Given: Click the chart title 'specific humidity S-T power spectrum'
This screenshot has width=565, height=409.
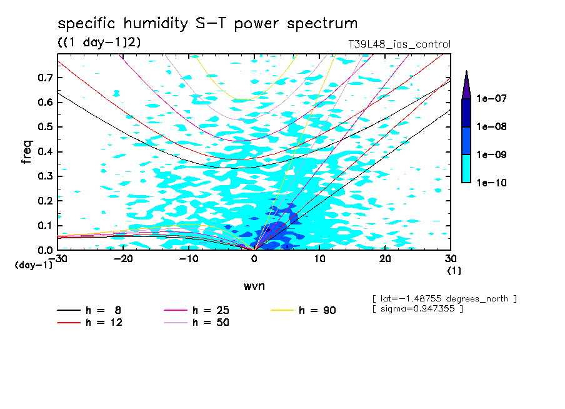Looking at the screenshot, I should tap(207, 24).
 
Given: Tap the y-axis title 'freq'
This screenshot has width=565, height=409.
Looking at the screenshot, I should tap(26, 152).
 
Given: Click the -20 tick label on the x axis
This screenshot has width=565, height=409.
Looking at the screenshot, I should tap(124, 258).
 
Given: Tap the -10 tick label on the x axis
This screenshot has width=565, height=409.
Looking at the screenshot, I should tap(189, 258).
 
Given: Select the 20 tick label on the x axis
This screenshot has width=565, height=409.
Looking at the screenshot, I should tap(386, 258).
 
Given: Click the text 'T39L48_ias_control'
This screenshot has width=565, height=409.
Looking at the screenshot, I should tap(399, 44).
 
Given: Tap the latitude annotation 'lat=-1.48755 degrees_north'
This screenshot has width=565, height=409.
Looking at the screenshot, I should tap(444, 298).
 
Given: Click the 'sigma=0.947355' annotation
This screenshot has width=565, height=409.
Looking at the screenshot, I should tap(417, 309).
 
